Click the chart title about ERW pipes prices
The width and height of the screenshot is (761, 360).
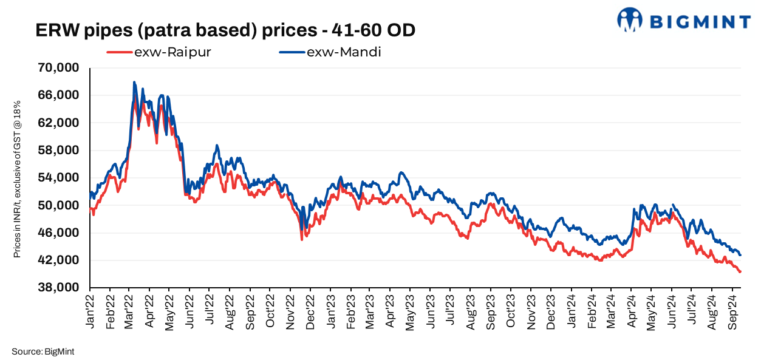[225, 30]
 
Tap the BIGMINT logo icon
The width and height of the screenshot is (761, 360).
[630, 19]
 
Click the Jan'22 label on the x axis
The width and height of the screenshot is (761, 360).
[92, 313]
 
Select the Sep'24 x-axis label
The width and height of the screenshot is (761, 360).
[732, 313]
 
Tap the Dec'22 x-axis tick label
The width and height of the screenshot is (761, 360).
[312, 313]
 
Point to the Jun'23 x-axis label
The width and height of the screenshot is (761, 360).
[431, 313]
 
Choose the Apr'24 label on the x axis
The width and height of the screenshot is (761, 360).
[632, 313]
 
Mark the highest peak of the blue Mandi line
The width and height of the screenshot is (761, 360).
[134, 82]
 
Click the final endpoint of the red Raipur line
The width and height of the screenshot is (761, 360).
[740, 271]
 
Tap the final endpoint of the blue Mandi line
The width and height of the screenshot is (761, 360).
[740, 255]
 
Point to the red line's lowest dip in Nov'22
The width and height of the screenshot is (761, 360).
[302, 240]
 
